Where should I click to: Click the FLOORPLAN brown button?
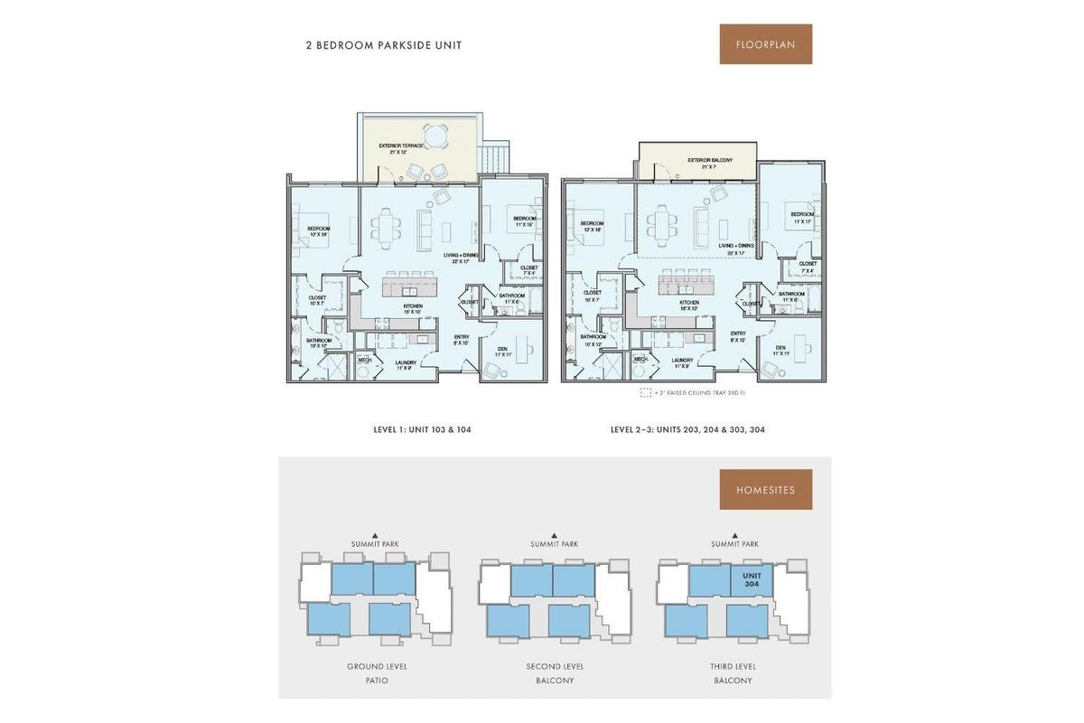click(x=765, y=44)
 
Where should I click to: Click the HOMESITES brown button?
click(x=765, y=490)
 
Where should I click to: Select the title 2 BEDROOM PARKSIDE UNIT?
click(x=383, y=45)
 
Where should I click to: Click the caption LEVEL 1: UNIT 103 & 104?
click(x=422, y=430)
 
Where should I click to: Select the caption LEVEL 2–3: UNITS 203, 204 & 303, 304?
click(x=687, y=430)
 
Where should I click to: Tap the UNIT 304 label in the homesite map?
click(x=752, y=580)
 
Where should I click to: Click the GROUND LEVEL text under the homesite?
click(x=377, y=667)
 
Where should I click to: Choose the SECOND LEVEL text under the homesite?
click(x=556, y=667)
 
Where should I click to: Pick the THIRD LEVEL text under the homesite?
click(x=733, y=667)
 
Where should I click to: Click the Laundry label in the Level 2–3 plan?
click(x=682, y=362)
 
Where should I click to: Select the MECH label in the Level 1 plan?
click(x=365, y=360)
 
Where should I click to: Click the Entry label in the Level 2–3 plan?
click(x=737, y=336)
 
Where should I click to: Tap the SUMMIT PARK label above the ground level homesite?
click(x=375, y=544)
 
